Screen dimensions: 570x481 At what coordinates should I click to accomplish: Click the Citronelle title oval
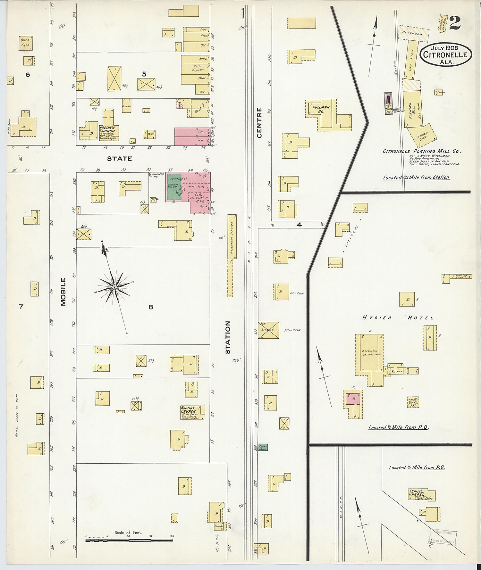pyautogui.click(x=445, y=55)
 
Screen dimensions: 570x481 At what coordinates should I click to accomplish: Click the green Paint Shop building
pyautogui.click(x=263, y=447)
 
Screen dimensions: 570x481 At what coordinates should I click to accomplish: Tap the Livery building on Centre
pyautogui.click(x=269, y=330)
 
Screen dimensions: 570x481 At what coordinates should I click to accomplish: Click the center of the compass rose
pyautogui.click(x=114, y=287)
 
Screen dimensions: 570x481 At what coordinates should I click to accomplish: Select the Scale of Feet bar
pyautogui.click(x=129, y=540)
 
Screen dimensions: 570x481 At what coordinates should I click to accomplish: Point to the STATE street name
pyautogui.click(x=119, y=159)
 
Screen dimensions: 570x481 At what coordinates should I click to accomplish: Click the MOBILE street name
pyautogui.click(x=63, y=292)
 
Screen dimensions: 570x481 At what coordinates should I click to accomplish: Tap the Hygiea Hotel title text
pyautogui.click(x=398, y=318)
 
